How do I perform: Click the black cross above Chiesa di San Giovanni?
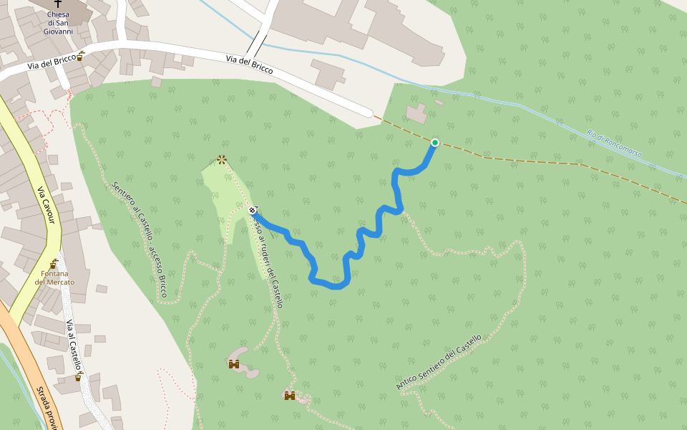click(x=57, y=4)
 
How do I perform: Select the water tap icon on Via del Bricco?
click(x=81, y=57)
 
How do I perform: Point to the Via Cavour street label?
click(x=46, y=206)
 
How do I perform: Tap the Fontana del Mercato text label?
click(x=54, y=278)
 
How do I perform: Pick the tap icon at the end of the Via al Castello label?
click(x=79, y=376)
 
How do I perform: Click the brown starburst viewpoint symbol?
click(x=222, y=160)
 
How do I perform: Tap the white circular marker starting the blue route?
click(x=253, y=210)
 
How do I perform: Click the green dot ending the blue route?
click(x=434, y=143)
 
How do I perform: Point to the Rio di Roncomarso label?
click(x=613, y=143)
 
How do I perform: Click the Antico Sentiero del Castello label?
click(x=439, y=362)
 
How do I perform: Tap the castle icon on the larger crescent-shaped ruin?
click(x=233, y=364)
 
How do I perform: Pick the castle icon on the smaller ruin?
click(x=289, y=395)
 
